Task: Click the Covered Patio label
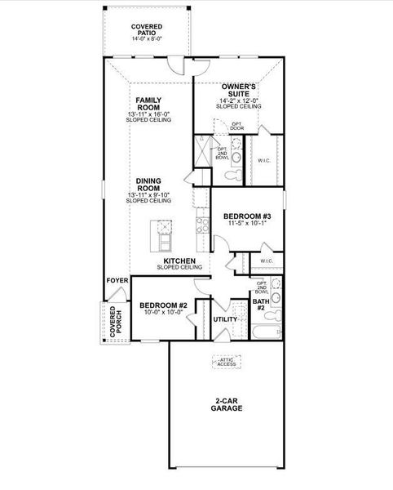pos(147,29)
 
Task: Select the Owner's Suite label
pos(239,91)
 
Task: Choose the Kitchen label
pos(179,261)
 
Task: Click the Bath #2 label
pos(261,305)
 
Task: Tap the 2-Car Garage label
pos(228,403)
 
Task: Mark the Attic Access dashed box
pos(228,362)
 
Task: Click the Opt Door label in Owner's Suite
pos(237,127)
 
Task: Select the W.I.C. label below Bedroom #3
pos(267,261)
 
